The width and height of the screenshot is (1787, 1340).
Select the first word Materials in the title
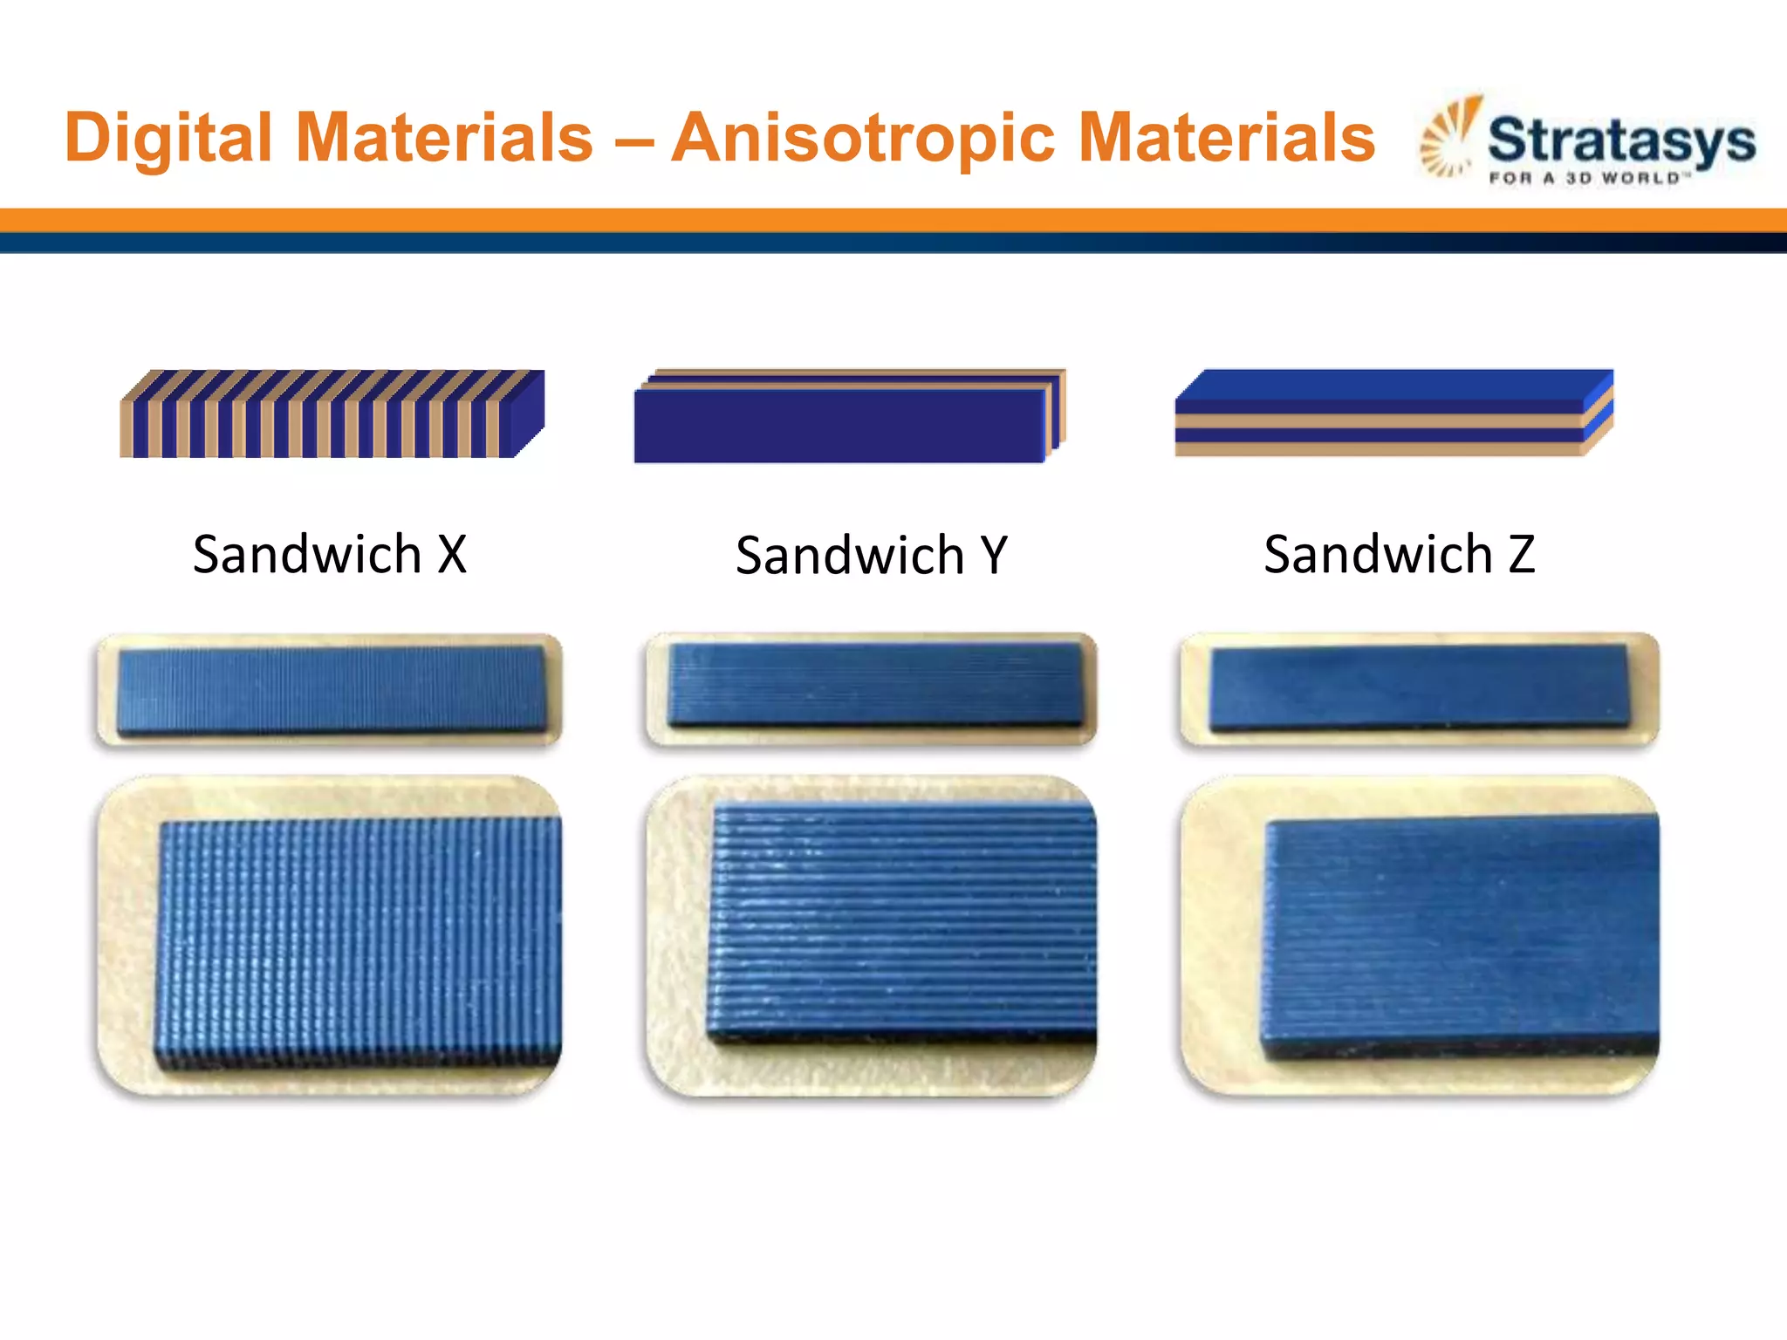pyautogui.click(x=444, y=139)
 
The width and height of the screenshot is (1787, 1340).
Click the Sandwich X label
pyautogui.click(x=330, y=555)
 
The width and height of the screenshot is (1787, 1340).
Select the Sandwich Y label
pyautogui.click(x=871, y=556)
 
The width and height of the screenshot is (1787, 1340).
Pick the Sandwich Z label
pyautogui.click(x=1399, y=555)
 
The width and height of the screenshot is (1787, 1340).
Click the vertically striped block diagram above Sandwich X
pyautogui.click(x=332, y=414)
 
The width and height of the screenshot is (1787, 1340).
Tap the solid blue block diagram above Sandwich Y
pyautogui.click(x=848, y=417)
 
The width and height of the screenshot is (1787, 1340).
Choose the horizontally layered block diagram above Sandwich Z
pyautogui.click(x=1393, y=413)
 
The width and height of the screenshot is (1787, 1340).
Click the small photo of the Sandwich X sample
pyautogui.click(x=329, y=690)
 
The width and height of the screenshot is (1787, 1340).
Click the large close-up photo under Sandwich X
pyautogui.click(x=329, y=935)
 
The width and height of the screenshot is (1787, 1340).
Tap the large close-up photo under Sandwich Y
pyautogui.click(x=871, y=935)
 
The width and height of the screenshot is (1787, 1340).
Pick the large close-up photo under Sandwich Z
pyautogui.click(x=1419, y=935)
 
